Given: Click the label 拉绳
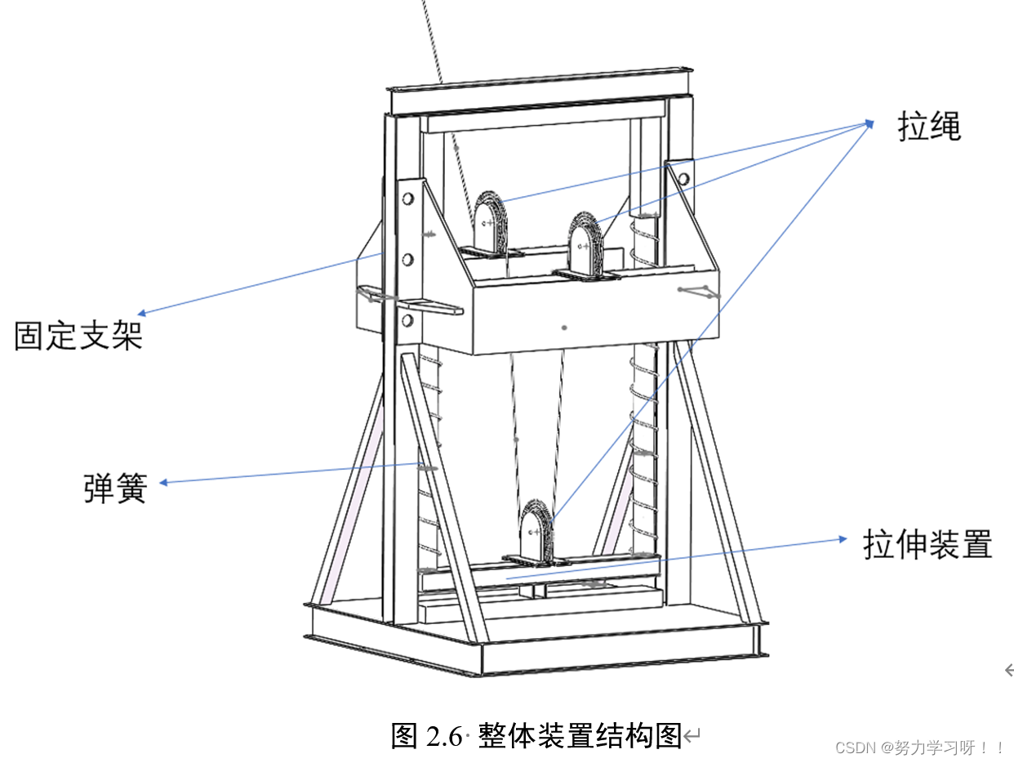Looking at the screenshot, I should [x=929, y=127].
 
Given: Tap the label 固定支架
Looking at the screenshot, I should [x=78, y=335].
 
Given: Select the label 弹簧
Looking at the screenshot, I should [x=115, y=488].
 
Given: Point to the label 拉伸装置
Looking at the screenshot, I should [x=927, y=544].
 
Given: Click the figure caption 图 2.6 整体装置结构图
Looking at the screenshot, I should [x=536, y=735].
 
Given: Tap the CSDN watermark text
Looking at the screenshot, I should [x=919, y=747].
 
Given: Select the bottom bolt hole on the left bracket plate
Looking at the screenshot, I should [x=407, y=319].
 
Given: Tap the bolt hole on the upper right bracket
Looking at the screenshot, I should [x=683, y=178].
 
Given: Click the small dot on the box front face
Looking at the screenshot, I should [x=564, y=327].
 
